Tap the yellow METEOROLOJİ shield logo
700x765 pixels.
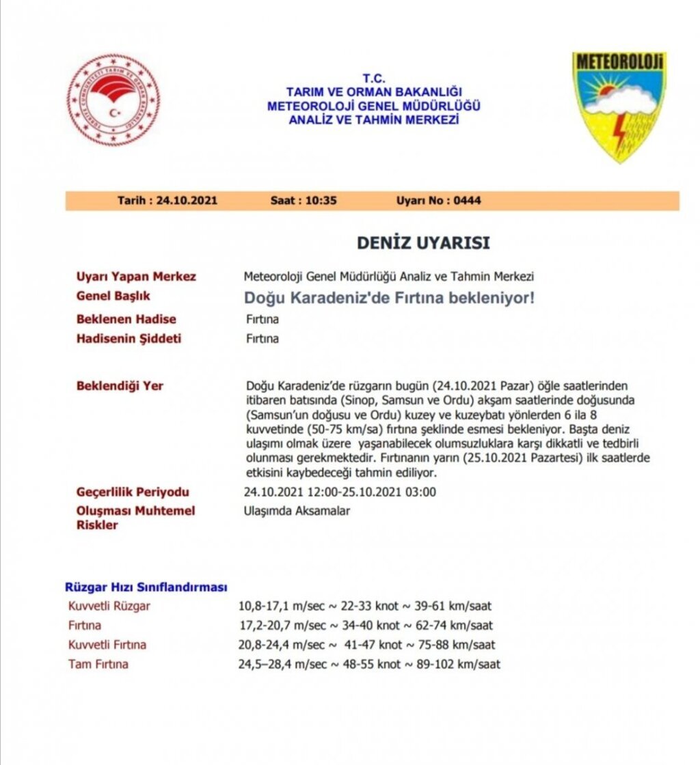[619, 106]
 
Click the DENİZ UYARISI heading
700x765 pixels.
[423, 242]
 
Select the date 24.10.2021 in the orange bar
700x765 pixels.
[187, 201]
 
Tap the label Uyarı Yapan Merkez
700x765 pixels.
[136, 277]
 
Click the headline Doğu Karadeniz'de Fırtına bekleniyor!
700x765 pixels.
[389, 298]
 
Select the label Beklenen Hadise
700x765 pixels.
[126, 319]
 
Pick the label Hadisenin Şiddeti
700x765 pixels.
[129, 339]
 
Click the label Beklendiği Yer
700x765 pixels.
[120, 386]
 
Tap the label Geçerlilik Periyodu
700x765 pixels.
[133, 492]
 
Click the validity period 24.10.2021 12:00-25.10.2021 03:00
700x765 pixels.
[340, 492]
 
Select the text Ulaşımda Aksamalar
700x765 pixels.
[297, 511]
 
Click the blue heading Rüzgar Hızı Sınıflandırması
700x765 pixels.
[146, 587]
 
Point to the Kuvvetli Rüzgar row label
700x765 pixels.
[109, 606]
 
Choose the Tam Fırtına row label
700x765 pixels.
[98, 664]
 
